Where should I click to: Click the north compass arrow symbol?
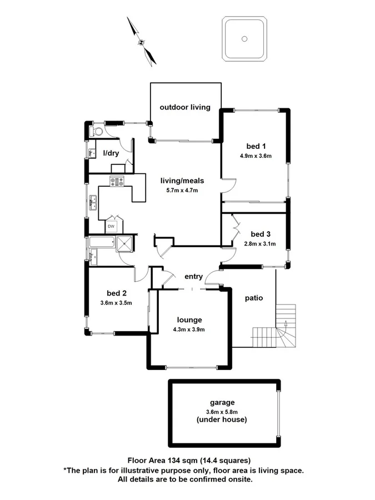click(140, 41)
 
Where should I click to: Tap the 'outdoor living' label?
click(185, 107)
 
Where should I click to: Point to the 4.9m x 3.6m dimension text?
click(256, 156)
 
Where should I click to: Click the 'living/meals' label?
click(182, 181)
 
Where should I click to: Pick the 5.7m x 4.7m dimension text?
click(182, 190)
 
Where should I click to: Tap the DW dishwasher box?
click(111, 226)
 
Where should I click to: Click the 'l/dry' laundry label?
click(111, 153)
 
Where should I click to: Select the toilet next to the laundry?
click(98, 132)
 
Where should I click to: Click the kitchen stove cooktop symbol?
click(117, 181)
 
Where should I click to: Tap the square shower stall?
click(124, 242)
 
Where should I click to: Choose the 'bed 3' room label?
click(261, 234)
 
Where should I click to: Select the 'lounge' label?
click(189, 320)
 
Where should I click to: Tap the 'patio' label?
click(253, 298)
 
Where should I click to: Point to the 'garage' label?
click(222, 402)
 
